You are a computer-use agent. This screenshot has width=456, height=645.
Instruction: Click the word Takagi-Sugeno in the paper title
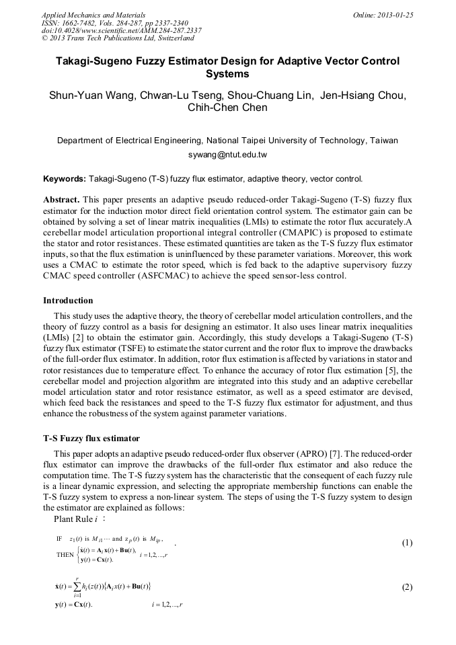[x=91, y=61]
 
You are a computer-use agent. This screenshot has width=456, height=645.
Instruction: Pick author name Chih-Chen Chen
[x=227, y=108]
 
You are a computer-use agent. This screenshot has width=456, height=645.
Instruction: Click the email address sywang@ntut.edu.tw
[x=227, y=155]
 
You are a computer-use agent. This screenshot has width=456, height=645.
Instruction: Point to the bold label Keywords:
[x=64, y=179]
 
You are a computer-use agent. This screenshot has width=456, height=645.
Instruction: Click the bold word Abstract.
[x=61, y=200]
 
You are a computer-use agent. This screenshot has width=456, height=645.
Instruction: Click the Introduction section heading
[x=68, y=300]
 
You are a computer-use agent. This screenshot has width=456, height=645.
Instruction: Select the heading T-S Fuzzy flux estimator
[x=91, y=439]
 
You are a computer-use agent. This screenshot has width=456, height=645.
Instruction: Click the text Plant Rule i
[x=75, y=519]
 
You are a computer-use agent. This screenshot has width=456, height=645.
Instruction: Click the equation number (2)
[x=406, y=586]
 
